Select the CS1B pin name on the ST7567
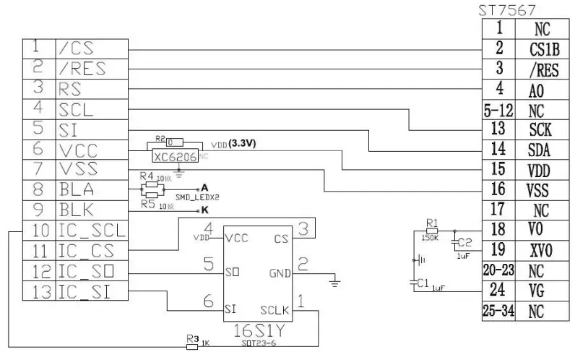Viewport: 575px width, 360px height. coord(545,50)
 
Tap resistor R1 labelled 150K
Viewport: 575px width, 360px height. coord(432,231)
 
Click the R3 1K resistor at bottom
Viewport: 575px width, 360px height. coord(192,346)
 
